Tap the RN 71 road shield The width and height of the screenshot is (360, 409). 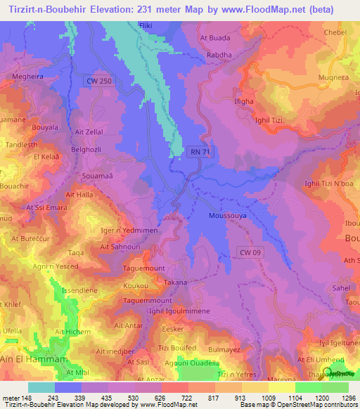tap(199, 150)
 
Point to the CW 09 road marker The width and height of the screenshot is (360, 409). tap(252, 252)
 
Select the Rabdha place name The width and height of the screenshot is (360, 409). tap(218, 53)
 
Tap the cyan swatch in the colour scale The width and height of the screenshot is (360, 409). tap(41, 387)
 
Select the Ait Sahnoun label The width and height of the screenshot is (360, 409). tap(120, 247)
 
